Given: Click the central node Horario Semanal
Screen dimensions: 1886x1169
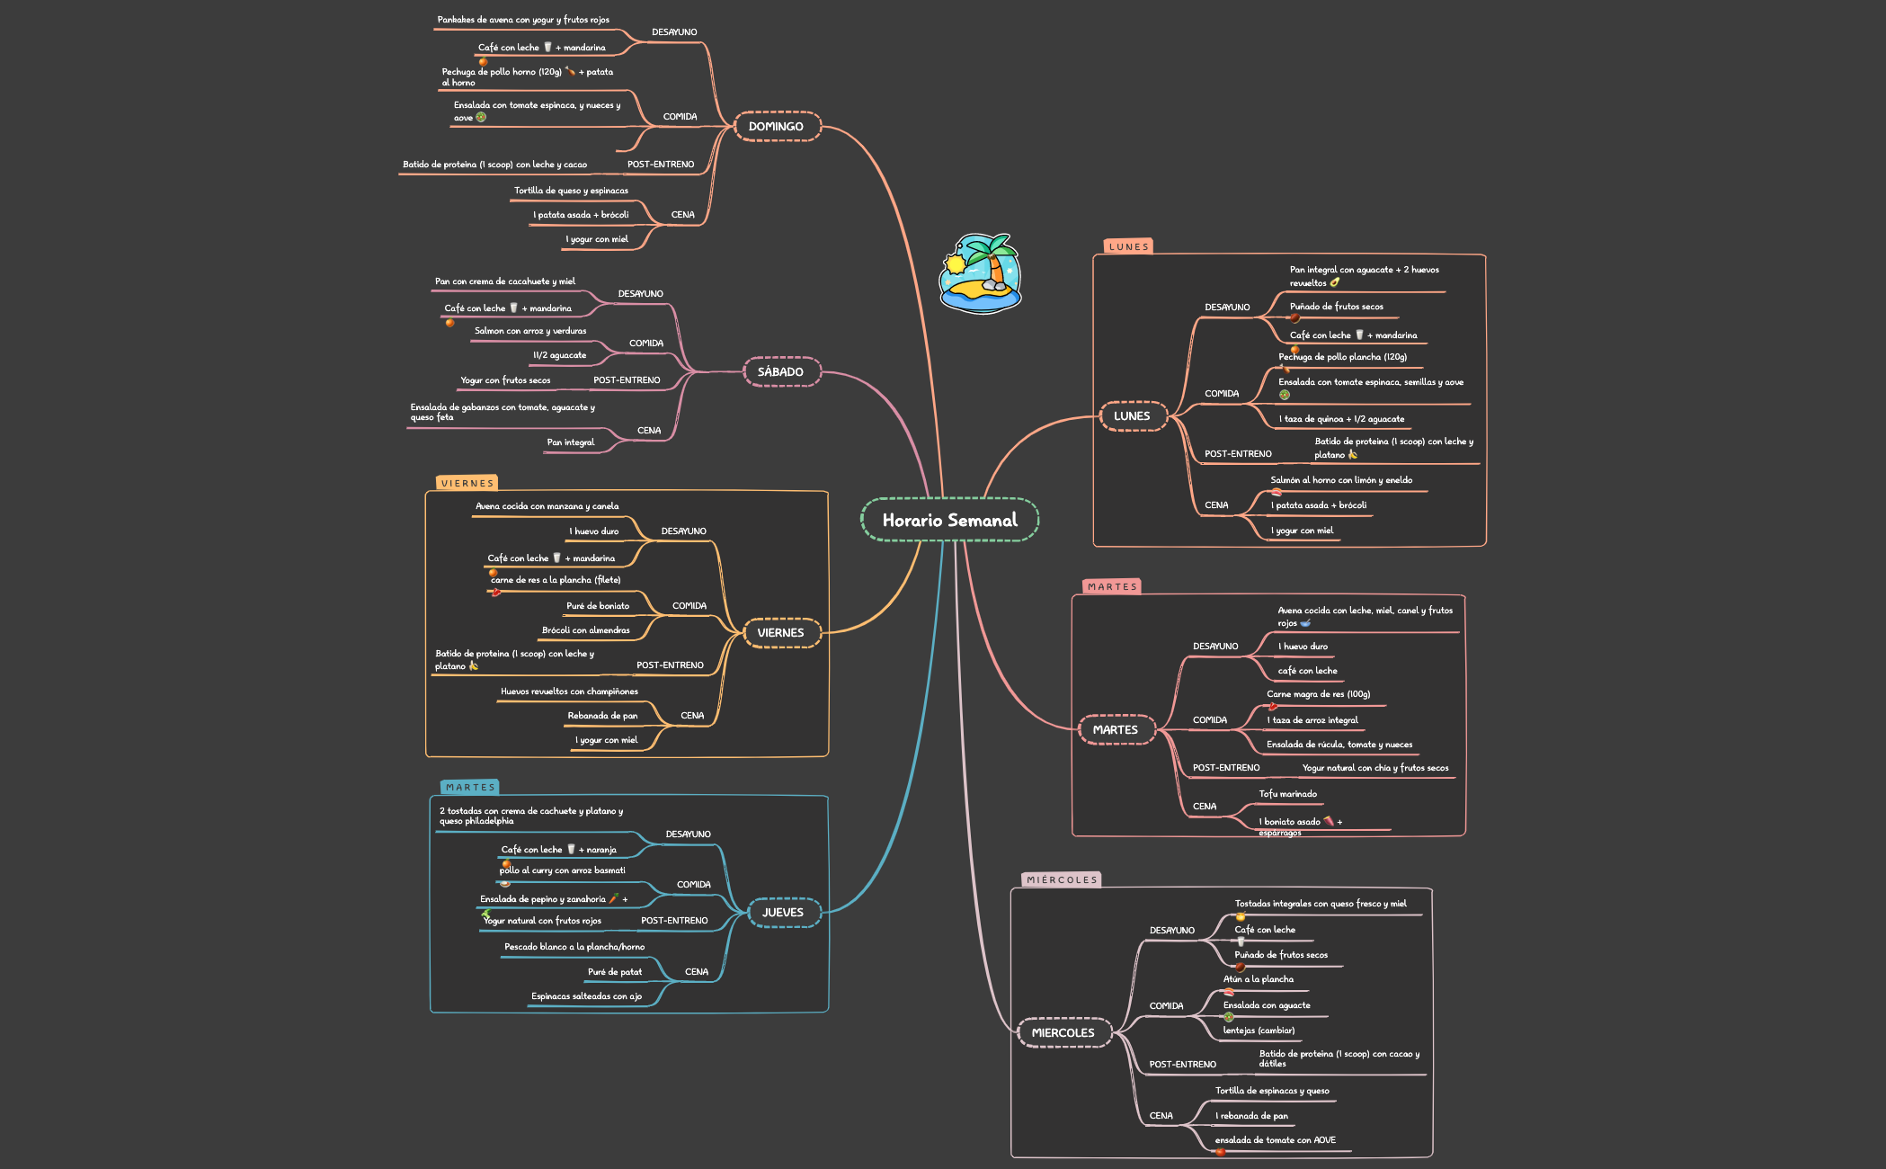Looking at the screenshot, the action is [x=949, y=520].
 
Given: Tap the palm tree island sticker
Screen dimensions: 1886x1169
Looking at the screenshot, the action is [x=980, y=273].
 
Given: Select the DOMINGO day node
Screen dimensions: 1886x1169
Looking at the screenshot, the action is [x=777, y=127].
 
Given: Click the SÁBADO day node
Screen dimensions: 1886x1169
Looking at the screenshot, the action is [x=781, y=372].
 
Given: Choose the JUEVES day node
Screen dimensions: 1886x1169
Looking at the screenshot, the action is [x=783, y=913].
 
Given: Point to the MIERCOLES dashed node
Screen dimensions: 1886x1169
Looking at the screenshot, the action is [x=1063, y=1033].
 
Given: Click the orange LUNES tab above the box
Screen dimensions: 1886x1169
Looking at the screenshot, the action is [x=1128, y=246].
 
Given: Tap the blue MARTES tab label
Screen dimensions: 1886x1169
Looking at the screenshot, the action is [x=470, y=788].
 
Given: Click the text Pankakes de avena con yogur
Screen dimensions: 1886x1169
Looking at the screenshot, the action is [x=492, y=20].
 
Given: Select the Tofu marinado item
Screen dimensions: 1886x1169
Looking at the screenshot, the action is [x=1287, y=794].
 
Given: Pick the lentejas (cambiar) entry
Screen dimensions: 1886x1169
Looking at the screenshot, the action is [x=1259, y=1031].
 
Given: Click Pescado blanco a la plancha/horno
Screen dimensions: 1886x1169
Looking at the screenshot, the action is [x=574, y=947].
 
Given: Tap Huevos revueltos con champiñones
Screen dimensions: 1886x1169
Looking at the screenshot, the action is [x=569, y=692].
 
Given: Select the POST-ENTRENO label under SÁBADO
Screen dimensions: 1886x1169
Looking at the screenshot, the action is [x=627, y=380].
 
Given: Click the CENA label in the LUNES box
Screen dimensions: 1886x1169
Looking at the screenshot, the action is [x=1216, y=505].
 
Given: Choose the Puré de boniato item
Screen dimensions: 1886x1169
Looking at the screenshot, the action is [x=598, y=606].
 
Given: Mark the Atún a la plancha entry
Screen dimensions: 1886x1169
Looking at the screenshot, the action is [x=1259, y=979].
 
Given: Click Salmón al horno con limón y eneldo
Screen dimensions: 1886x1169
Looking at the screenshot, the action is [x=1341, y=480].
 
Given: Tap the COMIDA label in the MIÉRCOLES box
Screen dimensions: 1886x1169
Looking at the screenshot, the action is [x=1166, y=1006].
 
